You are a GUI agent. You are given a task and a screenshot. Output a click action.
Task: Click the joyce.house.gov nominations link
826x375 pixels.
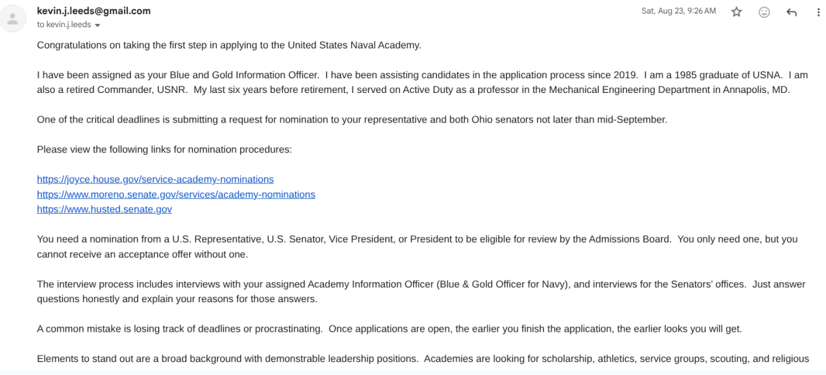pyautogui.click(x=155, y=179)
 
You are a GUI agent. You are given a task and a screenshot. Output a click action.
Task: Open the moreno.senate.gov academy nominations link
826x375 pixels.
pyautogui.click(x=176, y=194)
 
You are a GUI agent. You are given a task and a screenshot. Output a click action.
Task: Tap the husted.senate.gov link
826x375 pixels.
pyautogui.click(x=104, y=209)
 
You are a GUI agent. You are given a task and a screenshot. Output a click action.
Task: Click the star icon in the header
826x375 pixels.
pyautogui.click(x=736, y=12)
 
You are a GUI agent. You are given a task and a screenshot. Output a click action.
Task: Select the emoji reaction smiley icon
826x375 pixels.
pyautogui.click(x=764, y=12)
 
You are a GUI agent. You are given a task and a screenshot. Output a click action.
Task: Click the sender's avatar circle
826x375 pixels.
pyautogui.click(x=12, y=18)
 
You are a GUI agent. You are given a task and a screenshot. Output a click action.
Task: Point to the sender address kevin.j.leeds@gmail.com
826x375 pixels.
pyautogui.click(x=94, y=11)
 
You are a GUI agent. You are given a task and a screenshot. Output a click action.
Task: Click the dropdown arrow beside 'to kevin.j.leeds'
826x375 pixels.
pyautogui.click(x=97, y=25)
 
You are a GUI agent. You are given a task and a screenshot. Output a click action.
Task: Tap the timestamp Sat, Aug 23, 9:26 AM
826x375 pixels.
pyautogui.click(x=678, y=11)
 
